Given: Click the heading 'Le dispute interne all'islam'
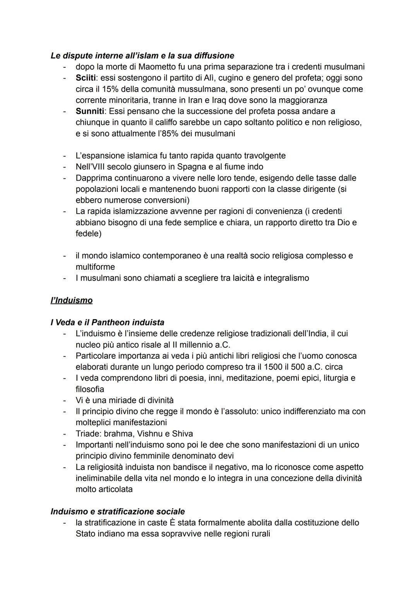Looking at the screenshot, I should [x=142, y=55].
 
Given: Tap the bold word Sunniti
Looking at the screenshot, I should [x=90, y=111].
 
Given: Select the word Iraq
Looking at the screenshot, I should [x=220, y=100].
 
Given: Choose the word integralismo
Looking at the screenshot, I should [x=286, y=278].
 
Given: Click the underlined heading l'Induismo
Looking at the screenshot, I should [x=72, y=300].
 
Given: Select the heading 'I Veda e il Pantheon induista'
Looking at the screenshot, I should [x=107, y=322].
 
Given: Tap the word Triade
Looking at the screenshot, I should [x=88, y=433].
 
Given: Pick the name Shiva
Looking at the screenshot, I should [x=182, y=433].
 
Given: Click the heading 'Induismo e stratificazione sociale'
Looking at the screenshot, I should [x=118, y=511].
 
